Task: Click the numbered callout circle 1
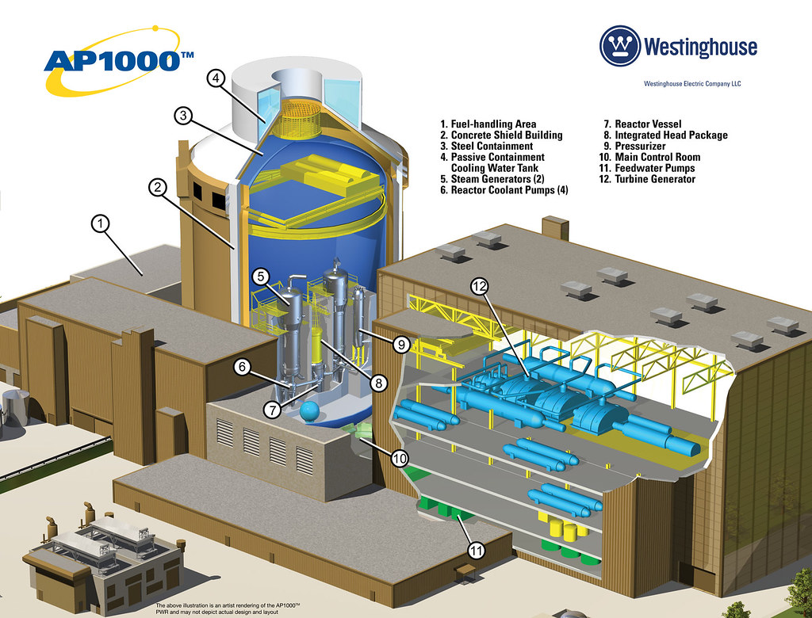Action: pos(101,224)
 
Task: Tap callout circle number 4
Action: pos(216,78)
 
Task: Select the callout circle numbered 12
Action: pos(480,286)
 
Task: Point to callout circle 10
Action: pos(400,457)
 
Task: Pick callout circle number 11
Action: pos(476,550)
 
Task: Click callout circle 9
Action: pos(401,344)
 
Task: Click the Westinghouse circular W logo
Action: pos(620,46)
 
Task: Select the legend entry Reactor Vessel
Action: pos(642,124)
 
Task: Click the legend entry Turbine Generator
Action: pos(647,179)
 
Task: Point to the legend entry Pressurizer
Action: pos(634,146)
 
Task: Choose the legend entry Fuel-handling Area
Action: pos(488,124)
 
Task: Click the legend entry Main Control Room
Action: pos(649,157)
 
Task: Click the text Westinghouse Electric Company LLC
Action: pos(692,83)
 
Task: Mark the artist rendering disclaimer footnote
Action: pos(228,608)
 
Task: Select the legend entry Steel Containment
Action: pos(486,146)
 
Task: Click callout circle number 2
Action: pos(158,187)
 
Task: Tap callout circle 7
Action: pos(272,410)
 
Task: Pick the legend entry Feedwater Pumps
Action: pos(647,168)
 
